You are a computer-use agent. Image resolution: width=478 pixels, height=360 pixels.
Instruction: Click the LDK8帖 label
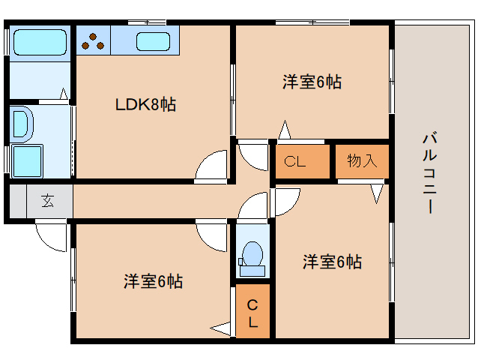pos(145,105)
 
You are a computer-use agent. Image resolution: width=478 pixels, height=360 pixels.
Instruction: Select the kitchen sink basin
pos(152,41)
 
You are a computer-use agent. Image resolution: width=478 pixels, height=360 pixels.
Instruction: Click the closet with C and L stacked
pos(253,313)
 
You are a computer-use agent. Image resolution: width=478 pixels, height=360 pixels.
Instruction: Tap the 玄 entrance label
pos(47,200)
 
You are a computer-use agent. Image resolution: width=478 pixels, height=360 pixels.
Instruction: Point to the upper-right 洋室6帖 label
pos(312,82)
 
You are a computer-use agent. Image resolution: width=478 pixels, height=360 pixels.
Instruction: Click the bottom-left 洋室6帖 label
pos(153,281)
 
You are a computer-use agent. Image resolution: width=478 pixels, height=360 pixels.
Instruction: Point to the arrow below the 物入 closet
pos(377,193)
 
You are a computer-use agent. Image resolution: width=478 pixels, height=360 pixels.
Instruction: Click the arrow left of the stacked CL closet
pos(222,328)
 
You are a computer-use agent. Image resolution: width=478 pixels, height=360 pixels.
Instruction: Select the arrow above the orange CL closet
pos(284,130)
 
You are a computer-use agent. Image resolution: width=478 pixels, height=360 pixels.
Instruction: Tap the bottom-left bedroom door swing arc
pos(211,237)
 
